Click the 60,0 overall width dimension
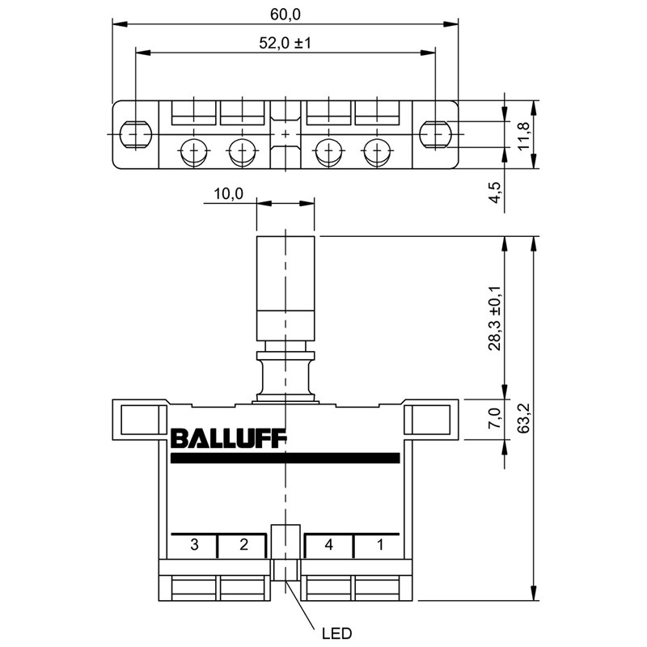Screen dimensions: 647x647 click(285, 15)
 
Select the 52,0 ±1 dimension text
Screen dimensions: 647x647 click(285, 43)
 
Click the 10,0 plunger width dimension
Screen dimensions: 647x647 click(229, 193)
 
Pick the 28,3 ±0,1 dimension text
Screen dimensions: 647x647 click(494, 318)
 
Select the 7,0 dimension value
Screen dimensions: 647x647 click(494, 417)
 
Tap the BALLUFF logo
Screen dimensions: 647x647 click(229, 439)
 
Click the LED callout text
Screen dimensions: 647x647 click(336, 633)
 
